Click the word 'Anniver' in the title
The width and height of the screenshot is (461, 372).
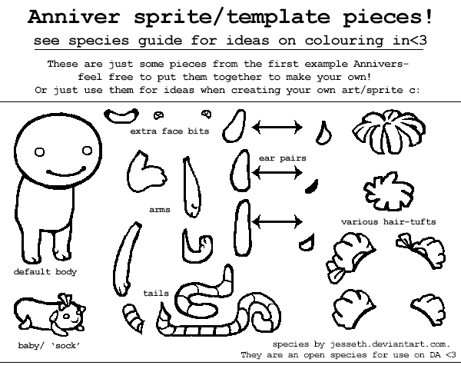click(74, 17)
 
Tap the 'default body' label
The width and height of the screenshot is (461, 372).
click(45, 272)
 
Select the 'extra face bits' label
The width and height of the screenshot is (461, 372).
click(170, 131)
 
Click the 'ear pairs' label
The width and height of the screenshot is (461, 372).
click(283, 158)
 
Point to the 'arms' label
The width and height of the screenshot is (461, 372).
click(160, 210)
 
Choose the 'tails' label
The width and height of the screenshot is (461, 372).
click(156, 293)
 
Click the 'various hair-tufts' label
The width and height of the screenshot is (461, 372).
click(388, 221)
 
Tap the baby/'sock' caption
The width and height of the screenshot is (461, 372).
click(49, 346)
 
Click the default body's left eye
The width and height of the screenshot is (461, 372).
click(39, 152)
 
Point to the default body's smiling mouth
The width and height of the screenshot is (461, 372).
click(66, 173)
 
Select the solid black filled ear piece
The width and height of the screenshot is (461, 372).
click(312, 187)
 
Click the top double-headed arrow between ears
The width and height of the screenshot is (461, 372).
click(277, 128)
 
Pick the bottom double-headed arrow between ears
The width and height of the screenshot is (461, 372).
click(277, 221)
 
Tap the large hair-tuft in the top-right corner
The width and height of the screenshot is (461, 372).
click(389, 131)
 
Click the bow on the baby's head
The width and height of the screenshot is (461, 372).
click(65, 301)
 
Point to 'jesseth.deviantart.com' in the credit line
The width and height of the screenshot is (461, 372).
click(389, 344)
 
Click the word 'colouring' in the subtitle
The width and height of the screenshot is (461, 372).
click(344, 40)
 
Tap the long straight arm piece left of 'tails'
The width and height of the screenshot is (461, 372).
click(126, 259)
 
